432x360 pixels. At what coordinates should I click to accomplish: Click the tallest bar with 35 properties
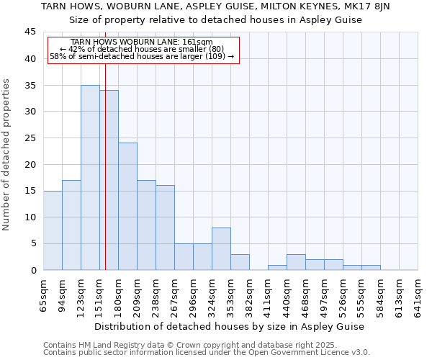coord(90,177)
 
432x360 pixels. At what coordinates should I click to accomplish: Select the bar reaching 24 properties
coord(127,206)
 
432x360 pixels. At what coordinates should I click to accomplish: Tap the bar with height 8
coord(221,248)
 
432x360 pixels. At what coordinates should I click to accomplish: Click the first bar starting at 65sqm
coord(53,230)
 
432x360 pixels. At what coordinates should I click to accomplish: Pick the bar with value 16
coord(165,228)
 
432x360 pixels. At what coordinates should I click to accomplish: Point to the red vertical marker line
coord(105,166)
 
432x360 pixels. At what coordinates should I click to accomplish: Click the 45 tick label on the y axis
coord(30,32)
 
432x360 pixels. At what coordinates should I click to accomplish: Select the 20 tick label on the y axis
coord(30,164)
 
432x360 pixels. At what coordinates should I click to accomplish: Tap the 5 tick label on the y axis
coord(32,243)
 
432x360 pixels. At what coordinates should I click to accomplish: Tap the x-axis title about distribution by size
coord(230,326)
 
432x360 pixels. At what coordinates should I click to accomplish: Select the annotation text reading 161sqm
coord(198,42)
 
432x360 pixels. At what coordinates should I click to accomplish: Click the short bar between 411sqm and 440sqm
coord(277,267)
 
